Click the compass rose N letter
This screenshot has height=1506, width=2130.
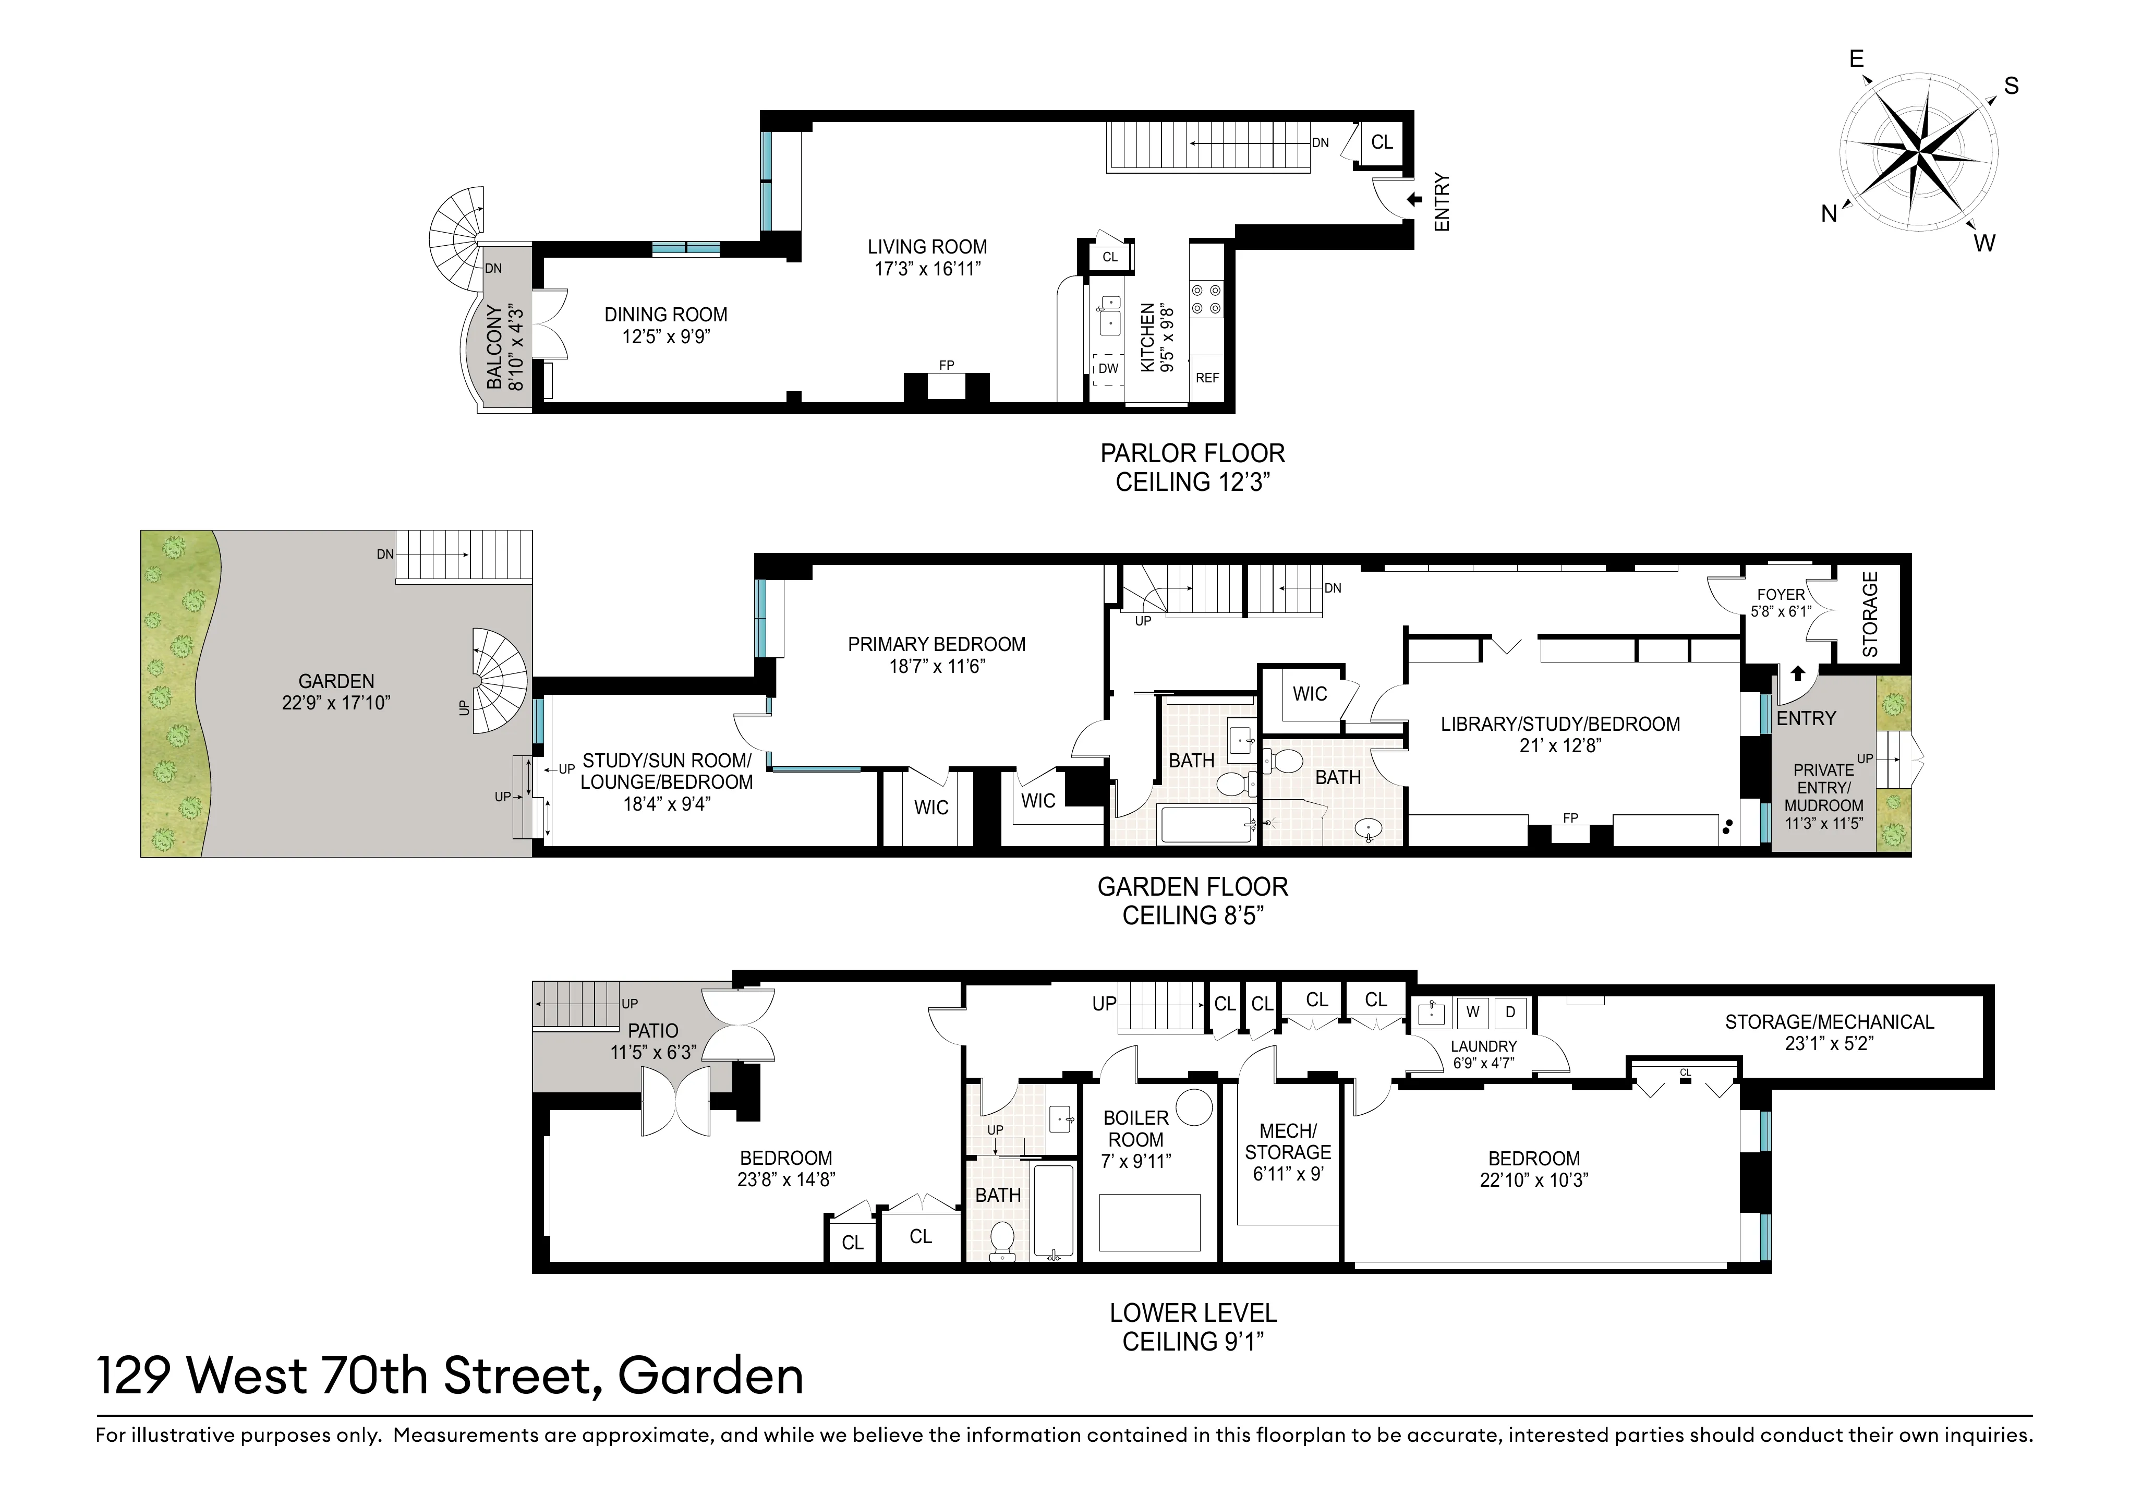[x=1829, y=214]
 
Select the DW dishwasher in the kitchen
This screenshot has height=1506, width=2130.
[x=1108, y=368]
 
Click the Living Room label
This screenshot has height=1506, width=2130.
[x=927, y=247]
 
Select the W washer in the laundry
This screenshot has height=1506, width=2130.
[x=1472, y=1013]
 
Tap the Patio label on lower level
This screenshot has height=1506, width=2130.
[x=653, y=1031]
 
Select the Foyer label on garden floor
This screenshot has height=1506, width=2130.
[x=1780, y=595]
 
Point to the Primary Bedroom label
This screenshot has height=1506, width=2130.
[x=936, y=644]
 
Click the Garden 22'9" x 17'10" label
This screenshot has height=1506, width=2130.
[x=336, y=691]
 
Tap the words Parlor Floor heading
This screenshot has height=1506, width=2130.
[x=1192, y=454]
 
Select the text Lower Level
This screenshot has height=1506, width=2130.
[x=1193, y=1313]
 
